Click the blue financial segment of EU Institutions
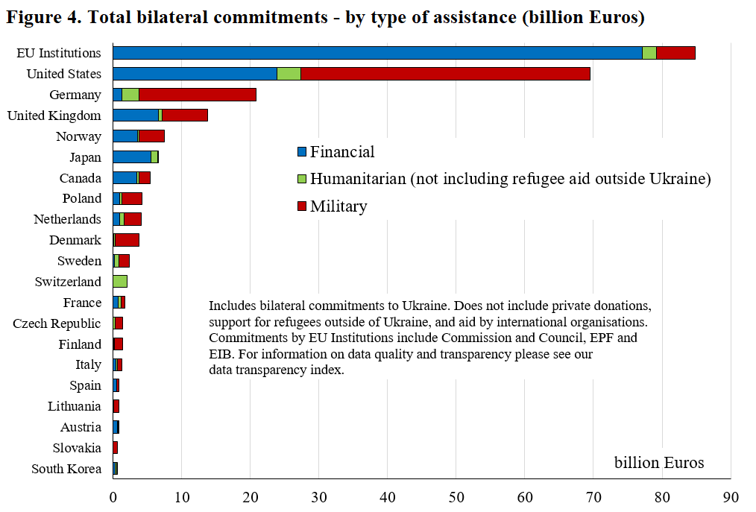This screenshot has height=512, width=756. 377,53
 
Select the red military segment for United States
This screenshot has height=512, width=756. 445,74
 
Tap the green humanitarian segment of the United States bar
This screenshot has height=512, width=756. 289,74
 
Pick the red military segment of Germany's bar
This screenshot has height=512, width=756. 198,95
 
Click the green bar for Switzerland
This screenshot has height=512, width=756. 120,282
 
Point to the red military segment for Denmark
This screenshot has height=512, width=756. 127,240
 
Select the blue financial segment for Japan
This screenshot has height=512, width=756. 132,157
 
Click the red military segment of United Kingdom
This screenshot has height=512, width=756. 185,116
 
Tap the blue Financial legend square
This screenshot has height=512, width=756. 302,152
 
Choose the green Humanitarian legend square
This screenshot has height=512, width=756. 302,180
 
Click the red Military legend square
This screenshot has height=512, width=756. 302,206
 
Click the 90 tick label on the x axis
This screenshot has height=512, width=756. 730,496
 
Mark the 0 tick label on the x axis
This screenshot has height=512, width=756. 113,496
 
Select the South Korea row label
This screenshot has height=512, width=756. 66,469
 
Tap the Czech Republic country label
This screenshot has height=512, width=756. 57,323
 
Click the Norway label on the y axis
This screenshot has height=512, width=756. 78,136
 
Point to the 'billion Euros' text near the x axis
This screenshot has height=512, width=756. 659,463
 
